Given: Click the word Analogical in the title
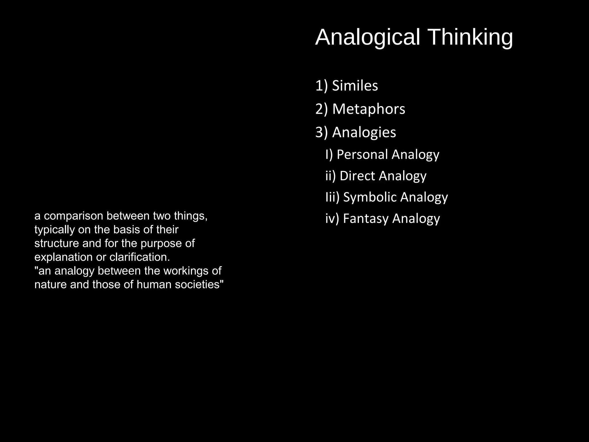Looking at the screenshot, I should (368, 37).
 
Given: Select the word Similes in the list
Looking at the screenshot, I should (355, 86).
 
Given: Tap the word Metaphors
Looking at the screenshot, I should (368, 109).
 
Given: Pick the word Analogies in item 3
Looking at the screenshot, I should (364, 132).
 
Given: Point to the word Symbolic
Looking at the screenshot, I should (370, 197).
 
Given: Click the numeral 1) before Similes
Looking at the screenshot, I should (321, 86).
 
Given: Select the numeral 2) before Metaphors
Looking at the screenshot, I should (321, 109).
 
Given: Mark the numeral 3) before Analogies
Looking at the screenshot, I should (321, 132).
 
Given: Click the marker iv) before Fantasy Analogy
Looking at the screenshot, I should (332, 218).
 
